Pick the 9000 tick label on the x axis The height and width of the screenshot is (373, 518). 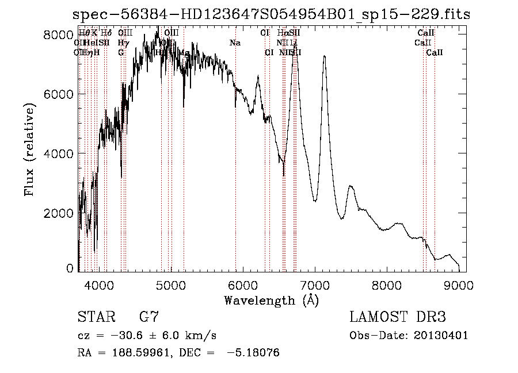[x=459, y=284]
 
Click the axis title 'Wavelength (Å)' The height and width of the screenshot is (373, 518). [x=271, y=299]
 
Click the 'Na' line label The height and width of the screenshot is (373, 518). [x=235, y=43]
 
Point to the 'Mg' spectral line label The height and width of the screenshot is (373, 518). [x=184, y=52]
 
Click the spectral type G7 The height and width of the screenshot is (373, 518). [x=148, y=317]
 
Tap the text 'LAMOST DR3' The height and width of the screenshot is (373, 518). [x=398, y=317]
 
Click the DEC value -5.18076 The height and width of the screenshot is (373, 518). [x=257, y=353]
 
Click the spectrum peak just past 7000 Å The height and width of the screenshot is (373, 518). [x=325, y=56]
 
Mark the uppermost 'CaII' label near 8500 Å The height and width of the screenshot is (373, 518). [x=426, y=33]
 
